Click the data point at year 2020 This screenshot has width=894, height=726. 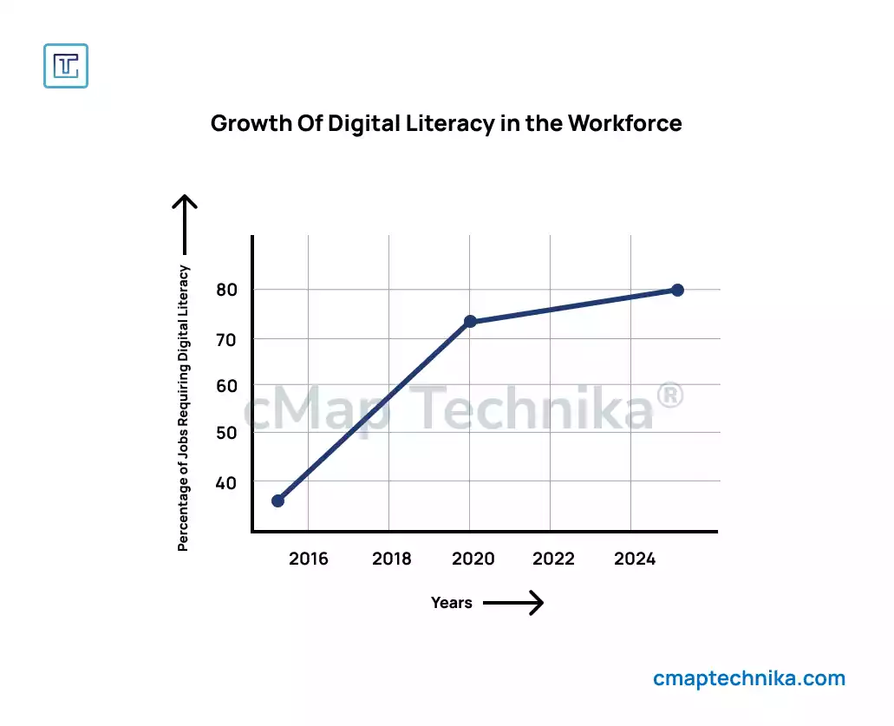coord(470,322)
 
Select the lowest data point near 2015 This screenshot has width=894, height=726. coord(277,500)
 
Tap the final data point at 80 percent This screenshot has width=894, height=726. coord(677,290)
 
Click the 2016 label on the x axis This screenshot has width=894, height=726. coord(309,559)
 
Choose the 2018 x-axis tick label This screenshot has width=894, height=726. coord(392,559)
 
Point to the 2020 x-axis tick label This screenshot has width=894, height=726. coord(473,559)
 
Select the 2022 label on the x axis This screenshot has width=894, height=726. coord(553,559)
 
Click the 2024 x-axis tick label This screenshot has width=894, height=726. coord(635,559)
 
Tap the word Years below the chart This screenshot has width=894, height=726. coord(452,603)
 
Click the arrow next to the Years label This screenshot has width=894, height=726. coord(512,603)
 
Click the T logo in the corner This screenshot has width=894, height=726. coord(66,66)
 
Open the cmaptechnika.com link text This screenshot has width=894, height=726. coord(749,678)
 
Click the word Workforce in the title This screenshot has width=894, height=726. coord(624,123)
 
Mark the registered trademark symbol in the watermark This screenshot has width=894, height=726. coord(669,397)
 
